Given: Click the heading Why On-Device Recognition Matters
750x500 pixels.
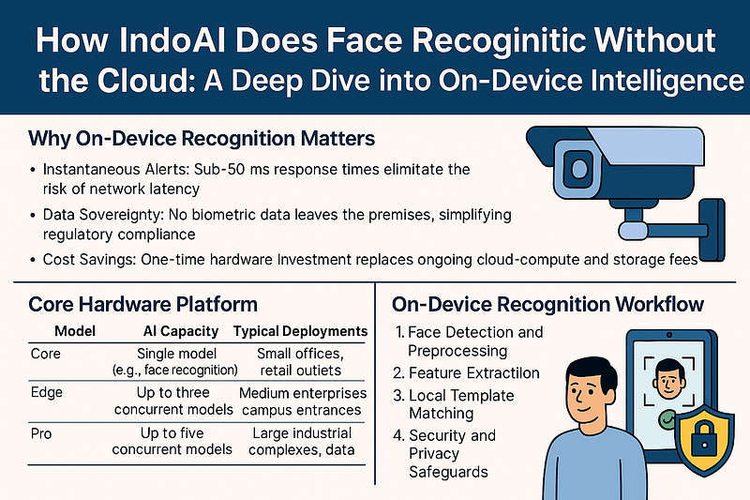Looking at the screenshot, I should pyautogui.click(x=202, y=139).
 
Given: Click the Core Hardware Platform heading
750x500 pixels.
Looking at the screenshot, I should pyautogui.click(x=142, y=305).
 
